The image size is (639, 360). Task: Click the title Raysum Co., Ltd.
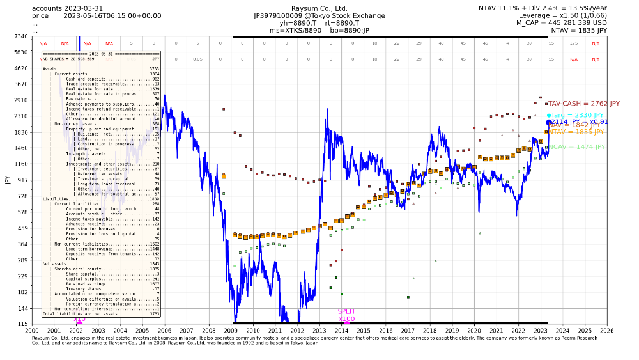click(319, 8)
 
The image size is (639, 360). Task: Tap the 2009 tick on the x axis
click(231, 331)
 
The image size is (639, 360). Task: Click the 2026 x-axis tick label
click(607, 331)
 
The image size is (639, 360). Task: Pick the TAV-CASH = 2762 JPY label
click(584, 104)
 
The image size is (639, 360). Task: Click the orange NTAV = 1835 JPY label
click(576, 132)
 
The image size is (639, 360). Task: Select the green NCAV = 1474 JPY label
click(578, 147)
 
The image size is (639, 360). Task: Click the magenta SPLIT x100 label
click(346, 315)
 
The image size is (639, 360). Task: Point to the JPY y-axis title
click(8, 180)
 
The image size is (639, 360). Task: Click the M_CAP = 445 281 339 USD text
click(562, 22)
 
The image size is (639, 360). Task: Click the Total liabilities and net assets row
click(101, 314)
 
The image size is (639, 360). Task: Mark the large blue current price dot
click(549, 122)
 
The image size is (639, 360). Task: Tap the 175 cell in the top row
click(574, 43)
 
